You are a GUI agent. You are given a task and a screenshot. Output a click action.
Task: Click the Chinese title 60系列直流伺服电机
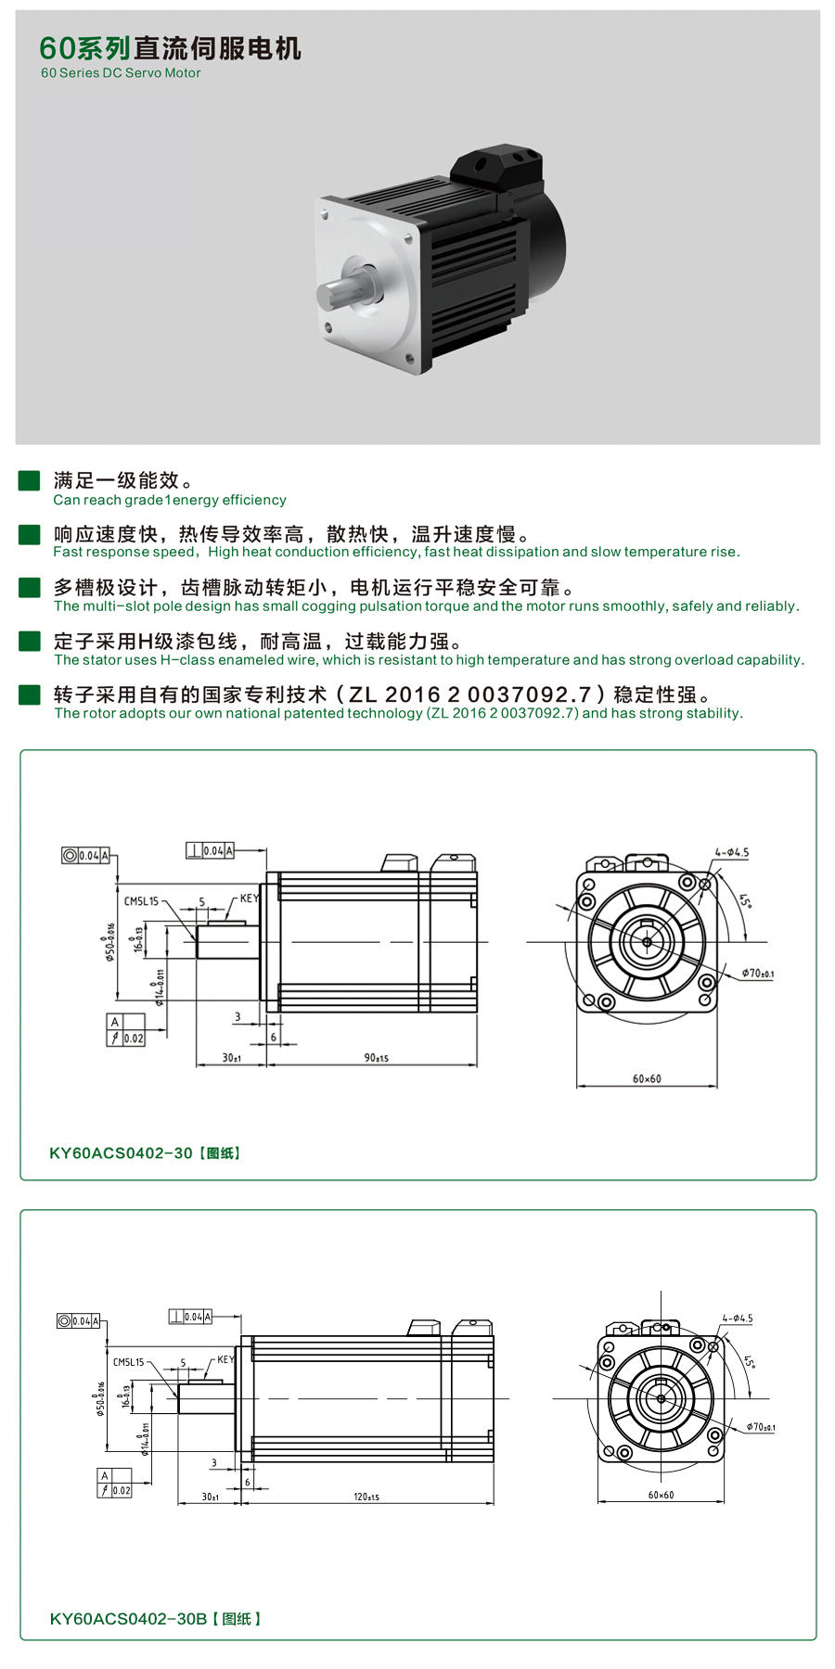170,48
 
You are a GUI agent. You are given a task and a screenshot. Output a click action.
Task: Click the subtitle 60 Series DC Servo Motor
121,73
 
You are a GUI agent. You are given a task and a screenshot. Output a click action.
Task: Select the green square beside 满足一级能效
29,480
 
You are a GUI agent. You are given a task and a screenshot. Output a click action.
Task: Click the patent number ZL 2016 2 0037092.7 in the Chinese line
470,694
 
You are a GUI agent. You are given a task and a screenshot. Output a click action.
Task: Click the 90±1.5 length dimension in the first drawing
376,1058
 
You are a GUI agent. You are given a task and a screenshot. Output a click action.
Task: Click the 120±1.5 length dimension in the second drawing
366,1497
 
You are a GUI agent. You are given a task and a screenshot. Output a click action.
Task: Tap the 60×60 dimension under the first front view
647,1079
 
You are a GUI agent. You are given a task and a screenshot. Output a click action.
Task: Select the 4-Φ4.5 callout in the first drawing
731,852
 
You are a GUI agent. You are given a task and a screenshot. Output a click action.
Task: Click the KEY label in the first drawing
249,898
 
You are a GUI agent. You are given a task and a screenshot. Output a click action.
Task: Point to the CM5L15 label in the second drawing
128,1362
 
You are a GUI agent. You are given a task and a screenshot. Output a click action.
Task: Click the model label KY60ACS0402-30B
128,1619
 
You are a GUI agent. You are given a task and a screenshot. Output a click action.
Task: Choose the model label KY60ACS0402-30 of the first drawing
121,1153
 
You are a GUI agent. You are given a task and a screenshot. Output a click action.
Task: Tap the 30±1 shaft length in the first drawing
231,1058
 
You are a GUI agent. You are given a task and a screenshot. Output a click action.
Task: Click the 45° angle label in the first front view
744,900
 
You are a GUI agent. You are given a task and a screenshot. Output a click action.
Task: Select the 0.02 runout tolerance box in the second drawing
122,1491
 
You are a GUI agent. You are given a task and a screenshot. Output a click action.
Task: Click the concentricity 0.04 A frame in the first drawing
86,856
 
